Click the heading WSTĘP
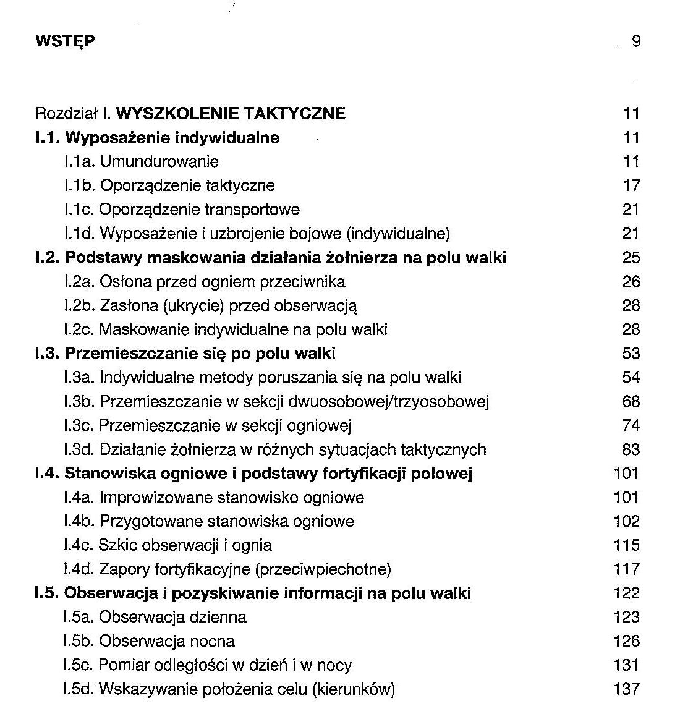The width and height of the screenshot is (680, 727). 66,41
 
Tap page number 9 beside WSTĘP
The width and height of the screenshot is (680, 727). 636,41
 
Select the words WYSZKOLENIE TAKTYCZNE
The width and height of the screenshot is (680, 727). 231,114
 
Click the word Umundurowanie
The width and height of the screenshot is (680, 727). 159,162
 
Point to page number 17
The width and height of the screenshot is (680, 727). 631,185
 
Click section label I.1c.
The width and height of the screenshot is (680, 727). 79,210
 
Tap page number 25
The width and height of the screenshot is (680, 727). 631,258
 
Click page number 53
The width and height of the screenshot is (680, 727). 631,354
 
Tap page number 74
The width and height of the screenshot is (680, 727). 631,426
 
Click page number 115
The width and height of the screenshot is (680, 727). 627,545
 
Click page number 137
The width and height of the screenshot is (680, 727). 627,689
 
